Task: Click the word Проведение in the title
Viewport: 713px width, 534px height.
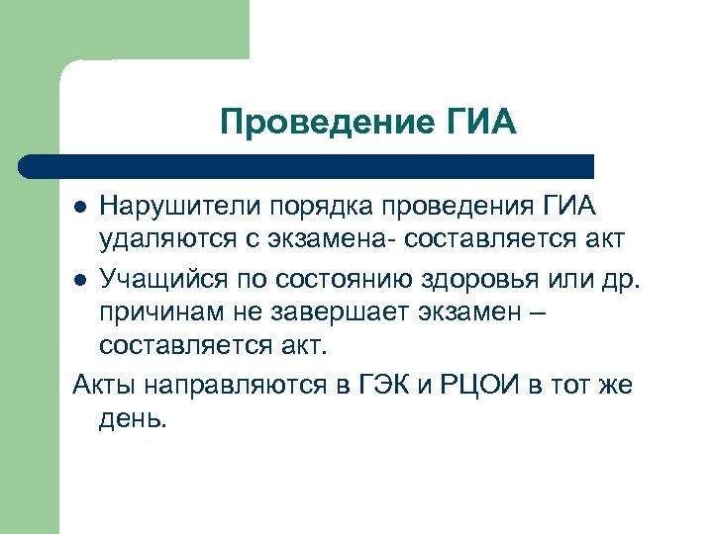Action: click(324, 123)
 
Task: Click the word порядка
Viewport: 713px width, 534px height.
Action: click(317, 206)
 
